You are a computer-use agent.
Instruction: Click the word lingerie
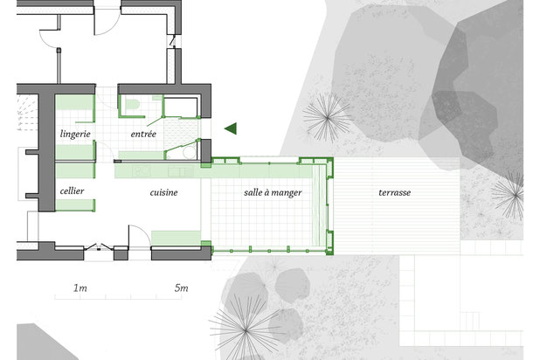pos(75,134)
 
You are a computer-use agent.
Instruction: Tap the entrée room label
pos(143,134)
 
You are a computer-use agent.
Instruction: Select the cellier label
pos(72,190)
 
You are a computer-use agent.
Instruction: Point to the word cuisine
pos(163,192)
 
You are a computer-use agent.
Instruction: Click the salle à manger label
pos(273,192)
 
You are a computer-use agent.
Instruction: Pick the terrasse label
pos(394,192)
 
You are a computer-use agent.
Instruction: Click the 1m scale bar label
pos(80,287)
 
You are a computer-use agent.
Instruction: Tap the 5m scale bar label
pos(181,287)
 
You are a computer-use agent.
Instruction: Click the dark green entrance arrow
pos(231,128)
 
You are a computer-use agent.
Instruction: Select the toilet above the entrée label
pos(131,105)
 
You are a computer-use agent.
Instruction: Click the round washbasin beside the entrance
pos(189,152)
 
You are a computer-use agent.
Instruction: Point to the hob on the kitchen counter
pos(142,171)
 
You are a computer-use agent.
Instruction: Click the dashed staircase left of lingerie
pos(28,113)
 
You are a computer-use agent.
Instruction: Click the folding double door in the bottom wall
pos(99,247)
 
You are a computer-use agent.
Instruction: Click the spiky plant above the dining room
pos(327,118)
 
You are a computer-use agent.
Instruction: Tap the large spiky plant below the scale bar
pos(246,330)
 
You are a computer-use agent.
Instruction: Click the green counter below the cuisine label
pos(176,238)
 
